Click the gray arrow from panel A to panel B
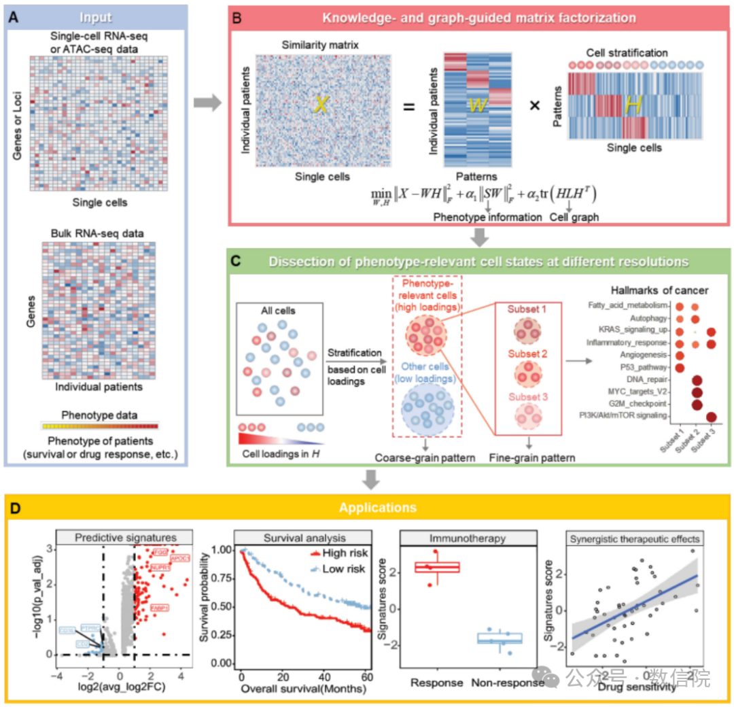click(206, 103)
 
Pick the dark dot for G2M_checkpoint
click(696, 404)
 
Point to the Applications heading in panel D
click(367, 507)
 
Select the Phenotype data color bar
click(100, 426)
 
